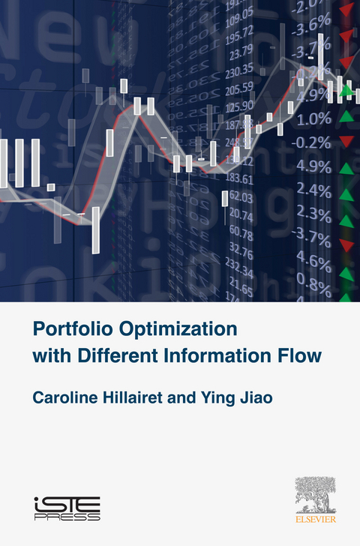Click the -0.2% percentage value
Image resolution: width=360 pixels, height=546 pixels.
(x=312, y=142)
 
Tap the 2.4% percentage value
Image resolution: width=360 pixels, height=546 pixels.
(x=313, y=190)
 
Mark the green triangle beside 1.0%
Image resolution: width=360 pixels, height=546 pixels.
(x=346, y=117)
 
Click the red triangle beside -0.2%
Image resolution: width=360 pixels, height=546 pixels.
(x=346, y=142)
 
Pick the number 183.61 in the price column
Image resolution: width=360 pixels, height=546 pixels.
(x=242, y=178)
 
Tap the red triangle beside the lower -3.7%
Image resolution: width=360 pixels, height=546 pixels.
(x=346, y=245)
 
